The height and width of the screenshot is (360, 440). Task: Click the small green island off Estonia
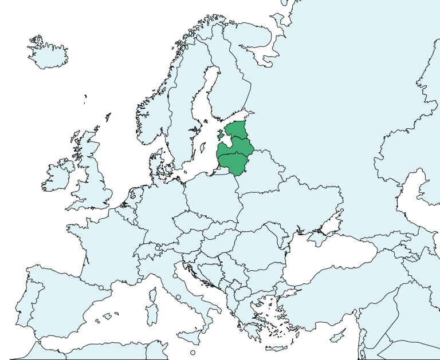(221, 135)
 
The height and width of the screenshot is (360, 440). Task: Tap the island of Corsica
(153, 295)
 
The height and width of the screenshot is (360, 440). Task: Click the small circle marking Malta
(193, 353)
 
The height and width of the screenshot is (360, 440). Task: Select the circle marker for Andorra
(101, 288)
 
